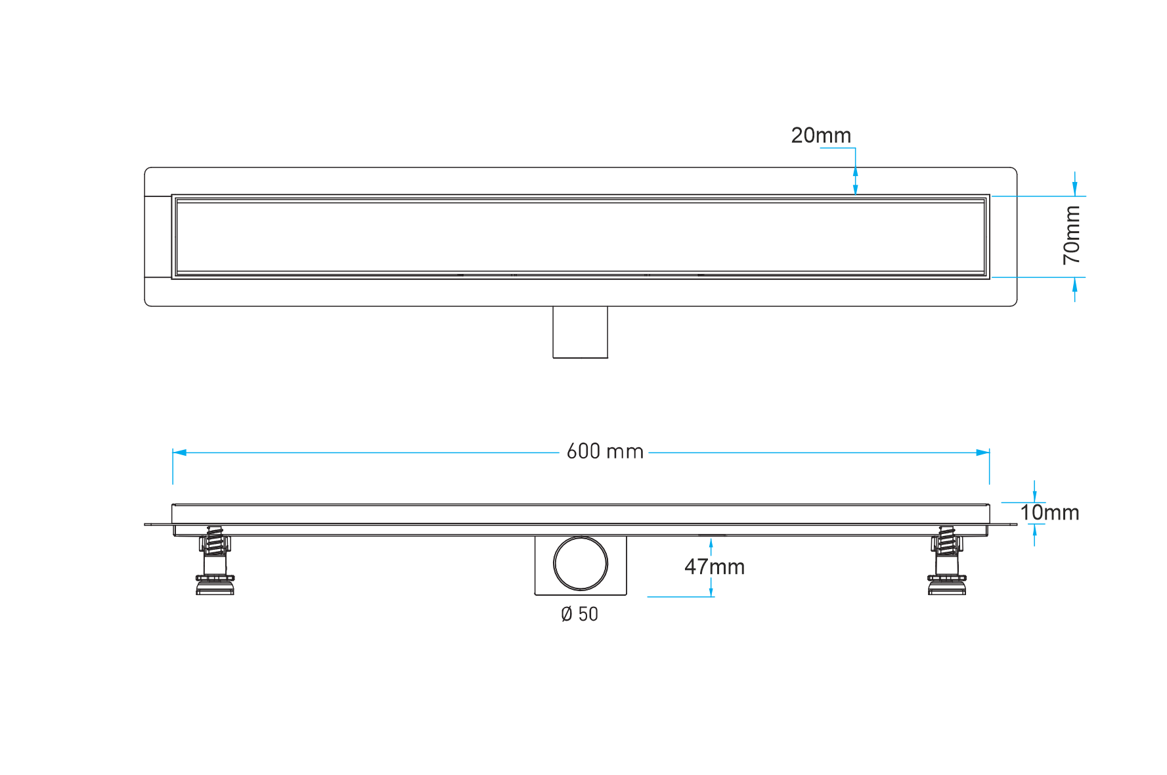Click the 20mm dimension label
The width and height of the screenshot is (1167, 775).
820,136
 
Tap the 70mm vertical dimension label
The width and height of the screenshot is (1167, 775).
1071,235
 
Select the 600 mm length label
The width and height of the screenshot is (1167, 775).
604,452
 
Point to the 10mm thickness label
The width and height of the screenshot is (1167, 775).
1049,513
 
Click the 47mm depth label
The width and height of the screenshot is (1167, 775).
715,567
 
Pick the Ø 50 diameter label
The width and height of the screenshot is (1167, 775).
579,615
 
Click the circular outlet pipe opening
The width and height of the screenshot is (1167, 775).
581,564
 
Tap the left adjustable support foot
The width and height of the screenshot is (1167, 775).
215,562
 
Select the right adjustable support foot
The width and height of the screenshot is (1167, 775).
946,562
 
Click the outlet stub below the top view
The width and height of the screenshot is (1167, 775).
580,332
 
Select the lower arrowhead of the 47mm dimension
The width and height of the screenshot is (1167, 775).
711,591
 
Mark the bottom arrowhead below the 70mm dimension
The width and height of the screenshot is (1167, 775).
1074,285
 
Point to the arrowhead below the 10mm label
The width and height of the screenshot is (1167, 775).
1034,531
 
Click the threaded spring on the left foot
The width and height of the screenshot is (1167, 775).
214,541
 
